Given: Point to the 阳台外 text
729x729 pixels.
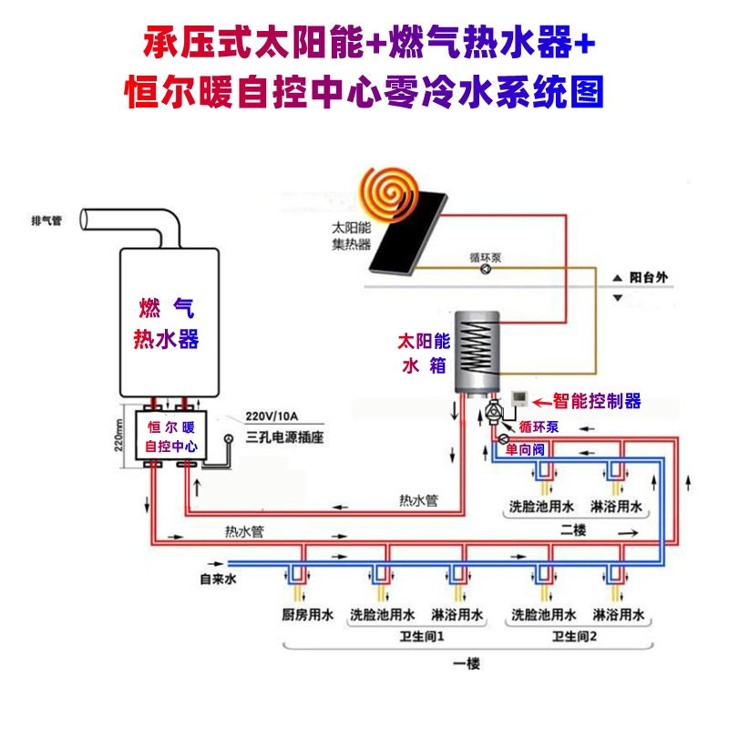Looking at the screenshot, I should (x=649, y=277).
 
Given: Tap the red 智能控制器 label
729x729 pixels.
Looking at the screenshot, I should (x=598, y=401).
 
